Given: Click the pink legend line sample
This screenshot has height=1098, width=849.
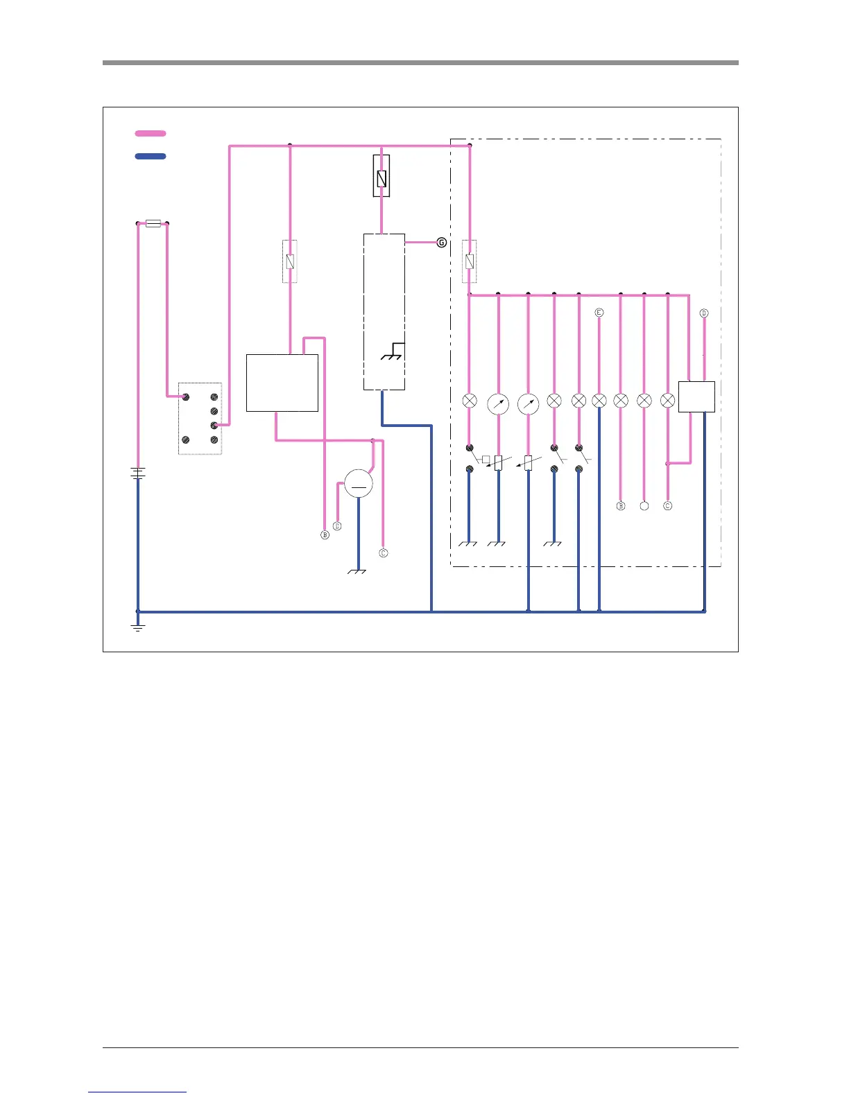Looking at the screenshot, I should click(x=151, y=133).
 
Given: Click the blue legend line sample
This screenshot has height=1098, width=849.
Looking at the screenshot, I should click(x=151, y=157).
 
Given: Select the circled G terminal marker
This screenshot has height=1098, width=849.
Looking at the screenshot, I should click(x=441, y=243).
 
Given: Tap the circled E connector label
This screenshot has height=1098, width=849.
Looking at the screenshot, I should click(x=599, y=313).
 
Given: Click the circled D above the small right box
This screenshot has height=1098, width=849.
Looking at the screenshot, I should click(x=704, y=313).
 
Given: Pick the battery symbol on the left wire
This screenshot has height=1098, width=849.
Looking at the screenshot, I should click(x=138, y=473).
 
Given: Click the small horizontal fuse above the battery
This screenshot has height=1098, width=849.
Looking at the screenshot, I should click(x=153, y=223).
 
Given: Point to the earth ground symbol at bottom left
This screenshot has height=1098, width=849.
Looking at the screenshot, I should click(x=138, y=627).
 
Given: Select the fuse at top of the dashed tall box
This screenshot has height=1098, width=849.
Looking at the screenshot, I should click(x=381, y=176).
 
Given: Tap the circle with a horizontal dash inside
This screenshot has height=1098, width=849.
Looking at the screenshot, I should click(x=359, y=484).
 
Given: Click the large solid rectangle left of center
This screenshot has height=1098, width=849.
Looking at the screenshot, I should click(x=282, y=383).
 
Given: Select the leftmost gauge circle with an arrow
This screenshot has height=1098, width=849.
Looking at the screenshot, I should click(x=498, y=403).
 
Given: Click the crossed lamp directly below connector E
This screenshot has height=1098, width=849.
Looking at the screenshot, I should click(x=599, y=401).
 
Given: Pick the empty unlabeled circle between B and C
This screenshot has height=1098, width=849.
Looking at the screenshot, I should click(x=644, y=506).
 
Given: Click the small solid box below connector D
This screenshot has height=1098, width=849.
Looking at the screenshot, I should click(x=696, y=397).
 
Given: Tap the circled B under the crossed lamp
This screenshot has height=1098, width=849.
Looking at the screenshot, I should click(x=621, y=506).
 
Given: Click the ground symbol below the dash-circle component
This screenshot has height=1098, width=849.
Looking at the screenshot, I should click(x=357, y=571).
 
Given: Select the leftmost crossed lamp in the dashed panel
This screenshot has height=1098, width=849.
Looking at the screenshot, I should click(x=470, y=401).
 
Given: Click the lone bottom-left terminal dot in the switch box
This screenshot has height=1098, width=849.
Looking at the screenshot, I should click(x=186, y=440).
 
